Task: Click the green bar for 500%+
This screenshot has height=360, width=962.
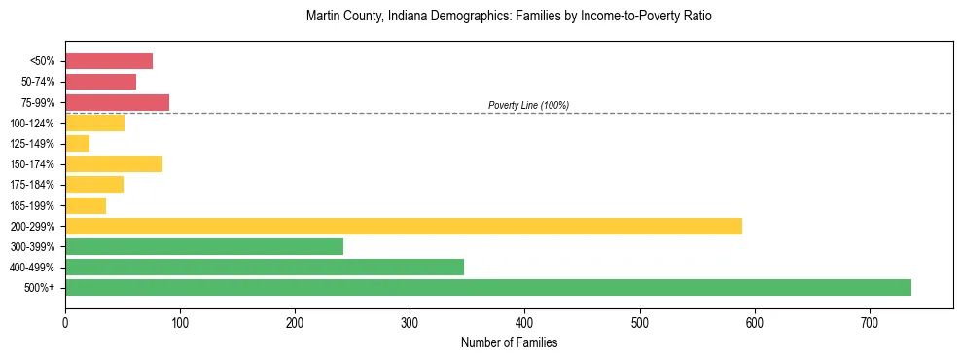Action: pyautogui.click(x=487, y=287)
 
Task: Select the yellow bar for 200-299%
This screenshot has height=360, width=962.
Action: pyautogui.click(x=403, y=226)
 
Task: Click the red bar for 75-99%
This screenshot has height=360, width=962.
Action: pyautogui.click(x=117, y=102)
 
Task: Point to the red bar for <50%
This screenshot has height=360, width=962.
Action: pyautogui.click(x=109, y=61)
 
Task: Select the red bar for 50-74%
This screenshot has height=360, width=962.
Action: pyautogui.click(x=100, y=82)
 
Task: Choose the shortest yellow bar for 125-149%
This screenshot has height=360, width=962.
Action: pyautogui.click(x=77, y=144)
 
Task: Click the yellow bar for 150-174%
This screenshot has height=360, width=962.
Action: pyautogui.click(x=114, y=164)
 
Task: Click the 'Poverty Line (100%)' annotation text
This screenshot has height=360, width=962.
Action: pyautogui.click(x=528, y=105)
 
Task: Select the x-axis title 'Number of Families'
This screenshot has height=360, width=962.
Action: pyautogui.click(x=509, y=342)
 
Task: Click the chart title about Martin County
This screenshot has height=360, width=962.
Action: pyautogui.click(x=509, y=17)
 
